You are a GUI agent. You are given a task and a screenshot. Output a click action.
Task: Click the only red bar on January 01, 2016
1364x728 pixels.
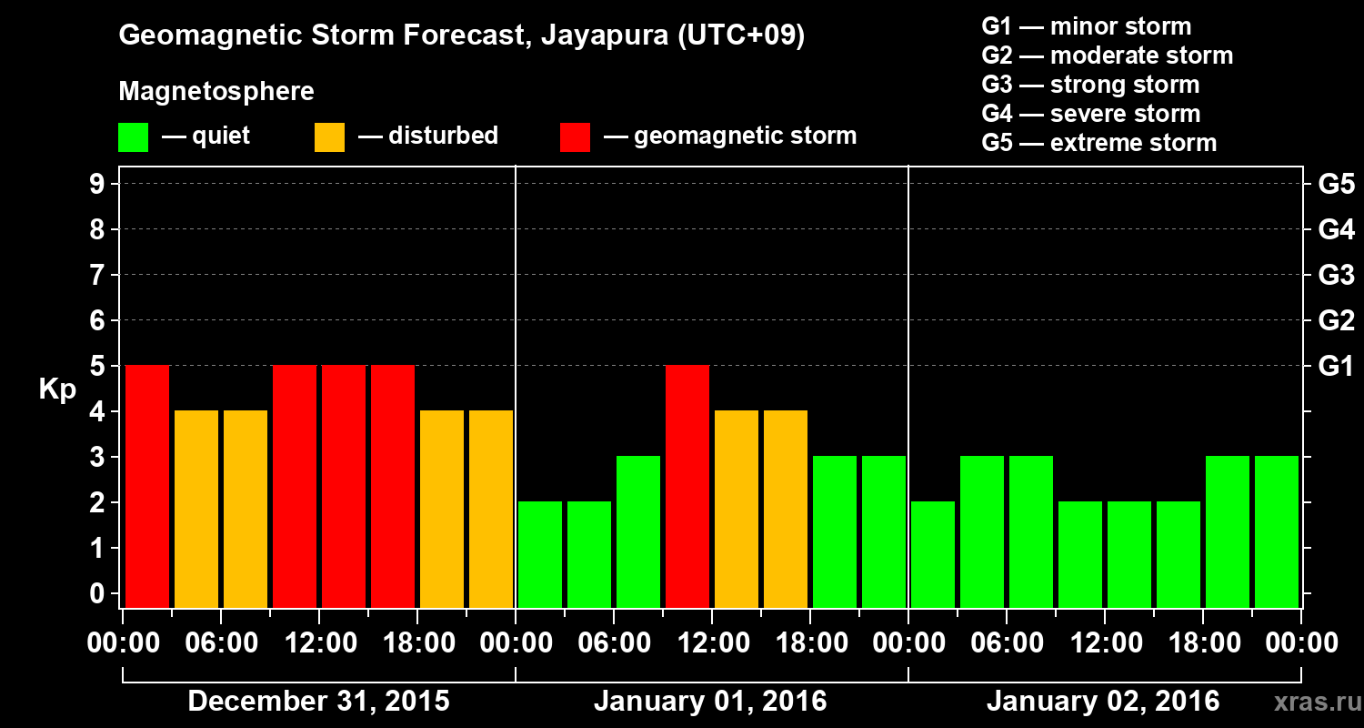(687, 486)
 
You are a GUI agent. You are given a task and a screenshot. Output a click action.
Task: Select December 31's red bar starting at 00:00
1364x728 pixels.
(147, 486)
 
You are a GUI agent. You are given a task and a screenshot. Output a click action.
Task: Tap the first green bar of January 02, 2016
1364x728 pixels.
(933, 554)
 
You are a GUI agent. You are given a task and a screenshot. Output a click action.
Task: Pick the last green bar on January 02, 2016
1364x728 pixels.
(1277, 531)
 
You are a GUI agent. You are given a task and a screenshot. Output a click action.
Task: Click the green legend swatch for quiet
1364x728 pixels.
(133, 137)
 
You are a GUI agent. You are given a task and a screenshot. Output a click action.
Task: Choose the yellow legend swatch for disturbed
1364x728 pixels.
(329, 137)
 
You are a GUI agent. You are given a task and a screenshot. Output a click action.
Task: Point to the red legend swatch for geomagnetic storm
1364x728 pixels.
(575, 137)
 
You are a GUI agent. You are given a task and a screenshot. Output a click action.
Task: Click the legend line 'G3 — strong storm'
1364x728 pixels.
(1090, 85)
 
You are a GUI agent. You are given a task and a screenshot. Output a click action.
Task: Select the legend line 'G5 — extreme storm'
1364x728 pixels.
(1098, 143)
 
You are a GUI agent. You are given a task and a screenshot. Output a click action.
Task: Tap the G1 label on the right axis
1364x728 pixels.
(1336, 366)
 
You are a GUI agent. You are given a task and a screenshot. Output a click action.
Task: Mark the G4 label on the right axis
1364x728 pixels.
(1336, 229)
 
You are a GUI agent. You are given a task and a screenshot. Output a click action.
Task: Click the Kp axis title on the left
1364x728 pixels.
(57, 389)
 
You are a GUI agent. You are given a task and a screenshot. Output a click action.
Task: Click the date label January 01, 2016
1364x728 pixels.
(710, 702)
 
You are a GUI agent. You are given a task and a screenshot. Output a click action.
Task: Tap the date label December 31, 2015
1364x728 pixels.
(318, 702)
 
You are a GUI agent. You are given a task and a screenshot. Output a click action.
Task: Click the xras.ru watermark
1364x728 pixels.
(1312, 702)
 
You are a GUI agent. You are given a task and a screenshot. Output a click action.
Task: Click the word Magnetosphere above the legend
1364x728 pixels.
(216, 92)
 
